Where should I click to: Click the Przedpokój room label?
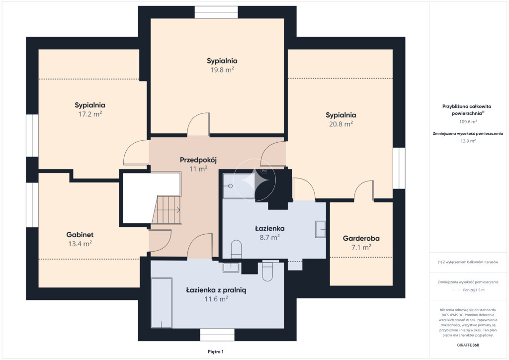coord(198,160)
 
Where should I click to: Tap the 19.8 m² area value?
coord(222,70)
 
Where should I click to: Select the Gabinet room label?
coord(80,235)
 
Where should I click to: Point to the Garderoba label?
coord(361,238)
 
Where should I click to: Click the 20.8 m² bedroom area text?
coord(341,124)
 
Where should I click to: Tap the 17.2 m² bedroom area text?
coord(90,114)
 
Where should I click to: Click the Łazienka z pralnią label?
coord(216,290)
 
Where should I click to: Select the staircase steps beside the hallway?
coord(166,210)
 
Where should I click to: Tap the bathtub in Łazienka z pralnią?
coord(162,303)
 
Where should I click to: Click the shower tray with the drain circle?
coord(239,185)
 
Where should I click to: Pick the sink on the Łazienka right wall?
coord(320,229)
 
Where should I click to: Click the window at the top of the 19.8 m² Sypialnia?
coord(216,12)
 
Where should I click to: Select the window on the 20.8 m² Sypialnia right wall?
coord(399,168)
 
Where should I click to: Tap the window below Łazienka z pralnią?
coord(217,335)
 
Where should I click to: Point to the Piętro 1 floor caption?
coord(216,352)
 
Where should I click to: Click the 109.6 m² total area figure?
coord(468,122)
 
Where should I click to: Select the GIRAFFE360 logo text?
coord(468,345)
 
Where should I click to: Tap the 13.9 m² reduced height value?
coord(468,141)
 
